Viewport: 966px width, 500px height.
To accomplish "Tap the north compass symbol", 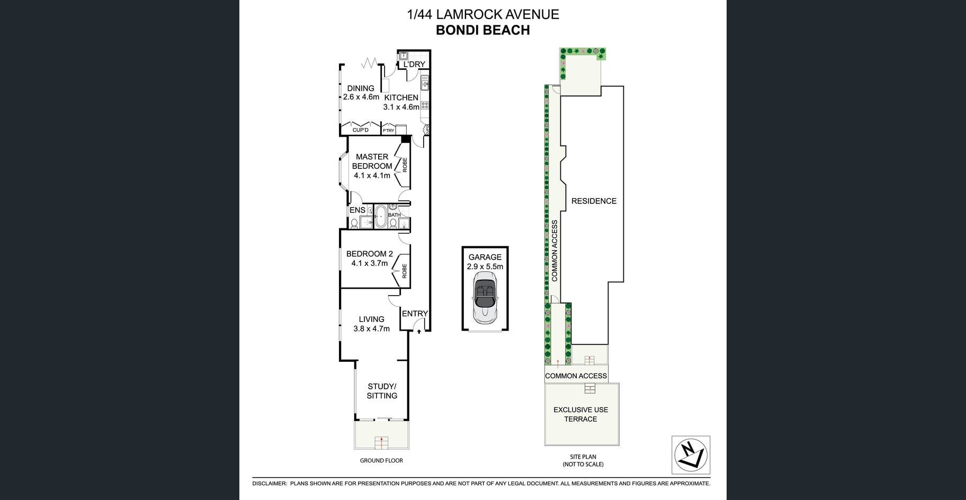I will [x=691, y=455].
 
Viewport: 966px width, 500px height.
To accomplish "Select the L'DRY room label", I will [x=414, y=65].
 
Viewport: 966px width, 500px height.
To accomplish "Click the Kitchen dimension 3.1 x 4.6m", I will [x=401, y=107].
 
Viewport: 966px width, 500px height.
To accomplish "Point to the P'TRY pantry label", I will [x=389, y=130].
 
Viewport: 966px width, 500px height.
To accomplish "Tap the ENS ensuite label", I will [x=357, y=210].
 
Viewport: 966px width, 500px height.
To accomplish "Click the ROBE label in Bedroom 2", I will [x=405, y=271].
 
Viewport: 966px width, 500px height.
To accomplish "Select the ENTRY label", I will [x=415, y=314].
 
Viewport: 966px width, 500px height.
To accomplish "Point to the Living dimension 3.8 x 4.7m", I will [x=371, y=328].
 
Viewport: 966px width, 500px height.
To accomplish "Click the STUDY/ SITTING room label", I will [x=382, y=391].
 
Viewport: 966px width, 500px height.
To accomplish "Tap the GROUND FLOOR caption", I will [x=381, y=461].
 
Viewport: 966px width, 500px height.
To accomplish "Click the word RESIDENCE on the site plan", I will [x=594, y=201].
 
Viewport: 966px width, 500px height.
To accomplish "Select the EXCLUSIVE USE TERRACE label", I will [x=581, y=414].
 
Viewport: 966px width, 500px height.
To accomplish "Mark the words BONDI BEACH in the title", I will [x=482, y=30].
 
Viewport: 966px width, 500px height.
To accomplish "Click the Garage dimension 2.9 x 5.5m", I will [x=485, y=267].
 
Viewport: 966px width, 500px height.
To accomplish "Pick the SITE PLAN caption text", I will [x=583, y=457].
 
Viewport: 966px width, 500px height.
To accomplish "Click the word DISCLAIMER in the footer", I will [x=269, y=484].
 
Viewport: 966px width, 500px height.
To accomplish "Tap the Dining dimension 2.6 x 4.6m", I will [x=361, y=97].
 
